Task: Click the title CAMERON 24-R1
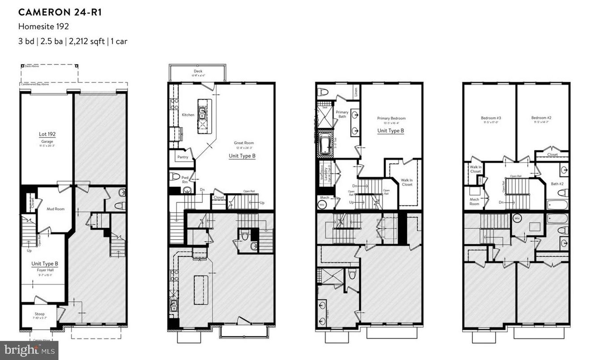[x=60, y=12]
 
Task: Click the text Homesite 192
[x=43, y=26]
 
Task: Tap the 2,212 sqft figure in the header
[x=87, y=41]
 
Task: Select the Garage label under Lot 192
[x=47, y=141]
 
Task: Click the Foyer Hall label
[x=44, y=270]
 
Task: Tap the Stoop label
[x=39, y=314]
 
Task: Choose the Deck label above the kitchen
[x=198, y=71]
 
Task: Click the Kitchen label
[x=188, y=115]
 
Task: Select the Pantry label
[x=183, y=157]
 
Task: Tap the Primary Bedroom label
[x=391, y=118]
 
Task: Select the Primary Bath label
[x=342, y=115]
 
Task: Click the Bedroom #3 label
[x=491, y=118]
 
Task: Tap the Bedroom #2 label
[x=541, y=118]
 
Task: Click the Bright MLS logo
[x=29, y=350]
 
